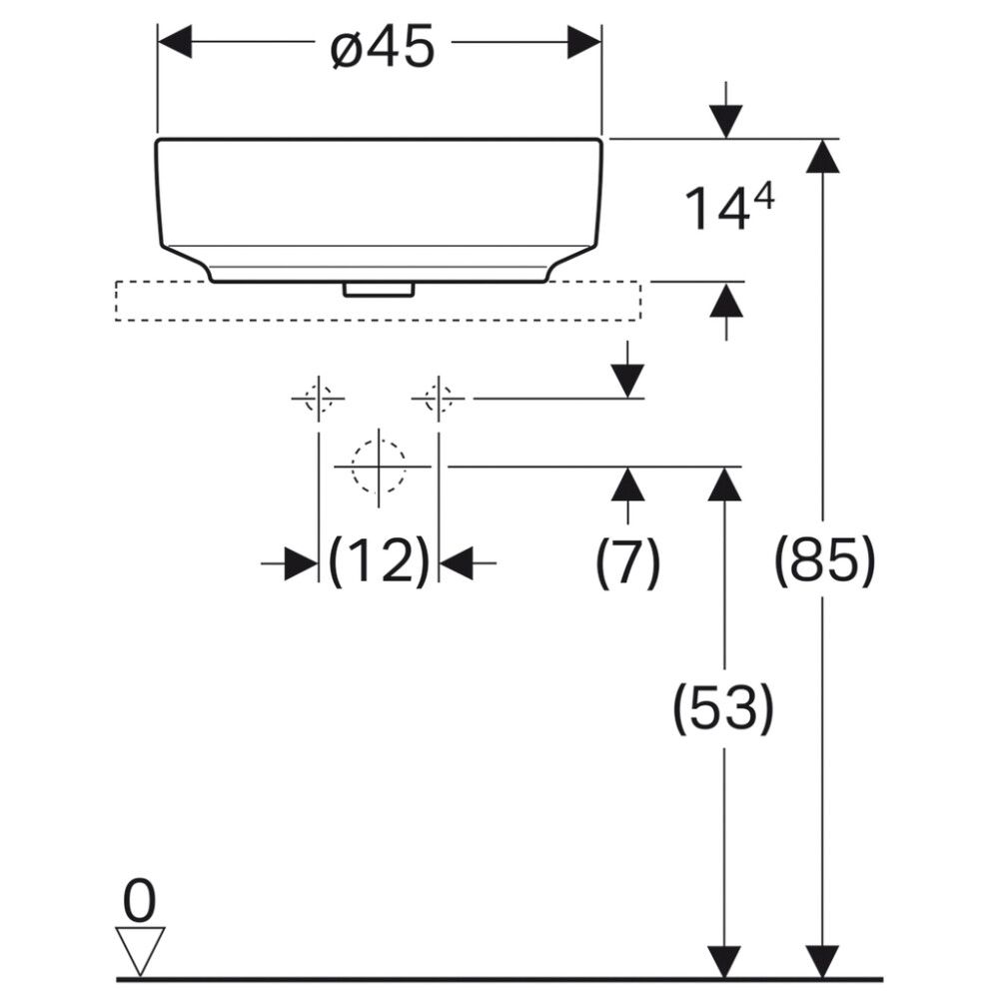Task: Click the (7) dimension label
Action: pyautogui.click(x=627, y=561)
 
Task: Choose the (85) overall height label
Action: pyautogui.click(x=824, y=561)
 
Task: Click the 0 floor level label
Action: pyautogui.click(x=139, y=903)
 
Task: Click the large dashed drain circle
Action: pyautogui.click(x=379, y=467)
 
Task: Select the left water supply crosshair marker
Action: pyautogui.click(x=318, y=399)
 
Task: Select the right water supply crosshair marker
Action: pyautogui.click(x=438, y=399)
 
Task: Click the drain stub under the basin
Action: pyautogui.click(x=379, y=289)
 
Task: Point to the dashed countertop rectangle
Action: pyautogui.click(x=379, y=302)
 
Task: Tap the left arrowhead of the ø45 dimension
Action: pyautogui.click(x=175, y=42)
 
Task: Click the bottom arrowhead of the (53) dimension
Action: pyautogui.click(x=723, y=961)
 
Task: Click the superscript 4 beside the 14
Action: pyautogui.click(x=762, y=198)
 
